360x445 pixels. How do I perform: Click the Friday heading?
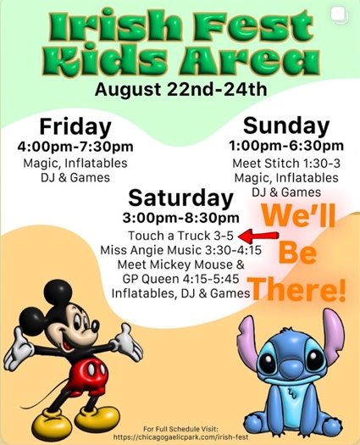click(x=75, y=127)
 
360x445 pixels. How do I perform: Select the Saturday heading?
click(x=180, y=199)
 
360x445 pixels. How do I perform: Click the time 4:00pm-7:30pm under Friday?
click(x=75, y=147)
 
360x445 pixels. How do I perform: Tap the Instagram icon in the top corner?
click(x=347, y=10)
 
